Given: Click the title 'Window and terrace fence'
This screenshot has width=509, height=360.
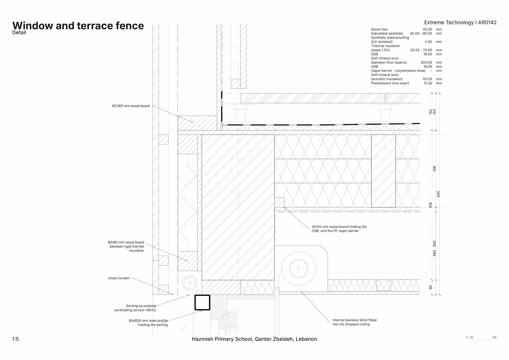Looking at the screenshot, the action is point(78,26).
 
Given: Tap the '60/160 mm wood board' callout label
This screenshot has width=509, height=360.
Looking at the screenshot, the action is point(131,106).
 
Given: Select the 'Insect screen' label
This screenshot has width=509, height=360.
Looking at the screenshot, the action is point(119,278).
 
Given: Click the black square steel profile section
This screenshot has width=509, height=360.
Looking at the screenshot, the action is point(203,302).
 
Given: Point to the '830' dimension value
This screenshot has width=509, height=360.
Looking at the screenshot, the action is point(438,194).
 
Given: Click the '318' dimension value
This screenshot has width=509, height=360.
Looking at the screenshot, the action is point(434,169).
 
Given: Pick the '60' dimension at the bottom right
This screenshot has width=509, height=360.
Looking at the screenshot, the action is point(431,287).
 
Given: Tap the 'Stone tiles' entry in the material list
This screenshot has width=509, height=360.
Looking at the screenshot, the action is point(379,29).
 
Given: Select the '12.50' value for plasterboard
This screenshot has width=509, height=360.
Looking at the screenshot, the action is point(428,83).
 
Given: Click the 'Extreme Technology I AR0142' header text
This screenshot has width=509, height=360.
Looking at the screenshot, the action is point(460,23).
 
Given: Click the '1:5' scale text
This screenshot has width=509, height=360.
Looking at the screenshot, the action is point(15,339).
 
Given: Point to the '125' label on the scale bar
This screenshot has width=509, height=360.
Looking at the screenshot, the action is point(494,337).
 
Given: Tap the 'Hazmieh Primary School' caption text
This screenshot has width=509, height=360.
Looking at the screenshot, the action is point(254,339).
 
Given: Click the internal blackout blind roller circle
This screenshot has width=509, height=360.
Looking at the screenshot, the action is point(299,269).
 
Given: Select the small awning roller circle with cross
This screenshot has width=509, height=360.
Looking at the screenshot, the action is point(190,283).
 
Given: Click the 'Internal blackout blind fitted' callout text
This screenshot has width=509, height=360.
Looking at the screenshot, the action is point(354,320).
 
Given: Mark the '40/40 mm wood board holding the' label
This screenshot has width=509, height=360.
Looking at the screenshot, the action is point(339,227).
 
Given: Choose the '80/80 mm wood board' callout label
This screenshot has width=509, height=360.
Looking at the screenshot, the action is point(126,242).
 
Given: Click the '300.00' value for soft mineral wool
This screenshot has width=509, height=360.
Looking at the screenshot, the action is point(426,63).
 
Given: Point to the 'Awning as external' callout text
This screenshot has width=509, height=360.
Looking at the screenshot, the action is point(141,306).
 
